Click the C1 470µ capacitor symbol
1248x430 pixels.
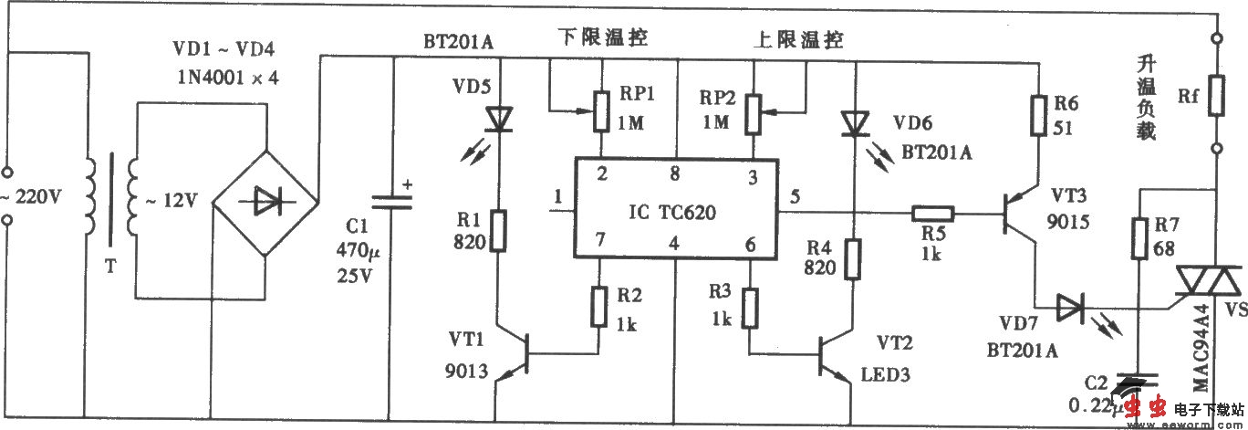[393, 203]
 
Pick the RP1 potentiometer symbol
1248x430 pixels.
[601, 111]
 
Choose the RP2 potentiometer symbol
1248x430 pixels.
[753, 111]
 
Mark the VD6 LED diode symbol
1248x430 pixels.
[853, 124]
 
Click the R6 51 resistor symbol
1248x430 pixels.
[1037, 116]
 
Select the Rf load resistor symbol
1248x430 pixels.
[1216, 96]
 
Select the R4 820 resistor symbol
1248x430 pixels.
[853, 258]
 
